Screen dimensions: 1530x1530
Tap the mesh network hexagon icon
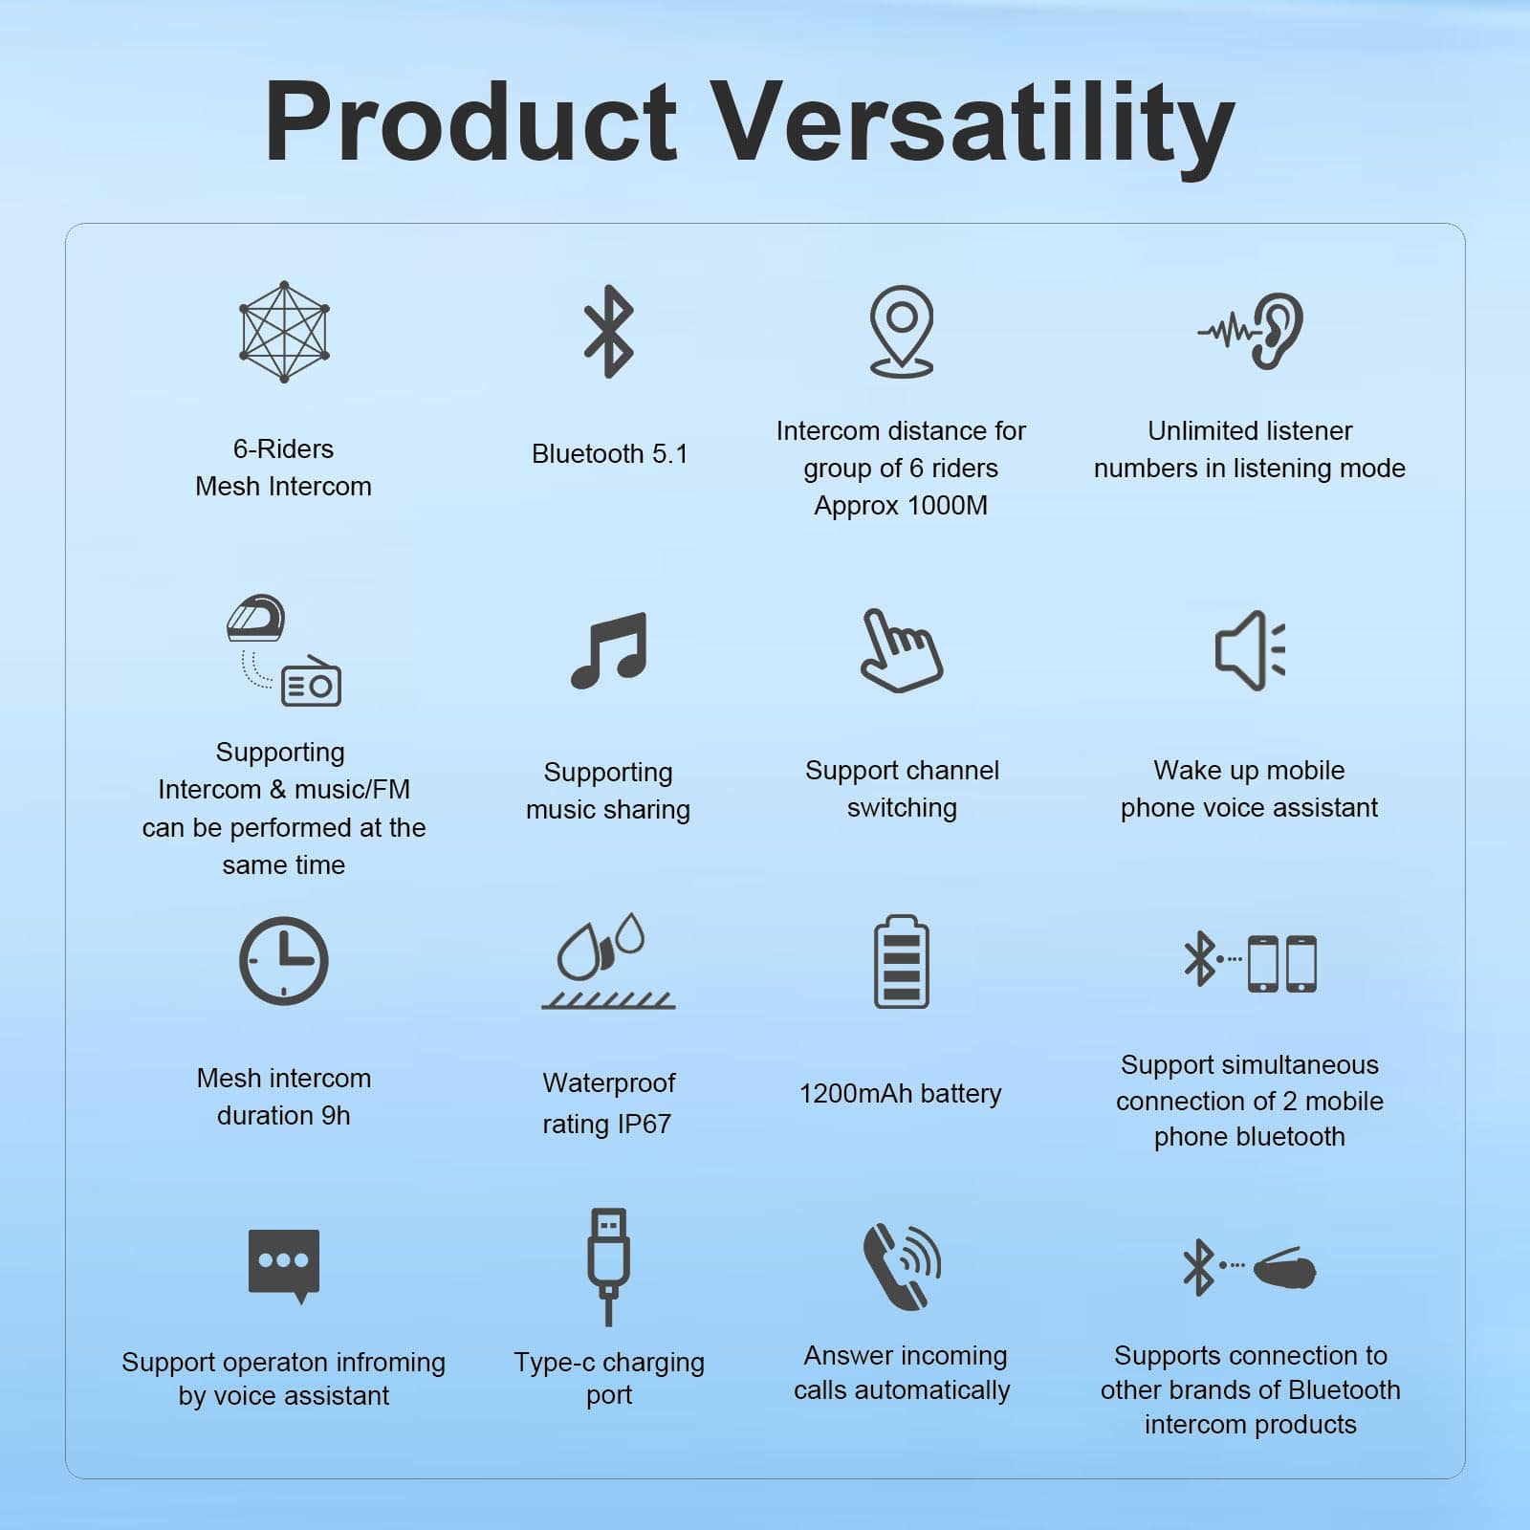284,332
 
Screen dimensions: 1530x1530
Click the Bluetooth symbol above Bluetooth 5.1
609,332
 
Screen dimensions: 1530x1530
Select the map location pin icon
901,332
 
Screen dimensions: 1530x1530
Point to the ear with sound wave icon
1251,331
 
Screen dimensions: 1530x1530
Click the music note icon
609,650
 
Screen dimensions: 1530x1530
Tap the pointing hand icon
901,650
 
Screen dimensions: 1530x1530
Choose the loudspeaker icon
1250,650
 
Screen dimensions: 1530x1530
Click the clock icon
283,961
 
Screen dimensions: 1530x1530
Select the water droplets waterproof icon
608,961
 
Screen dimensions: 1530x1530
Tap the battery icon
901,961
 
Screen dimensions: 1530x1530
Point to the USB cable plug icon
609,1267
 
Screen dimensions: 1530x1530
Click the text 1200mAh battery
901,1093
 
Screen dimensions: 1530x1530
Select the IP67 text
644,1124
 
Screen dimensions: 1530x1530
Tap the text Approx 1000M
901,505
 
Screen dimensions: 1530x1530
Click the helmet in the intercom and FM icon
256,619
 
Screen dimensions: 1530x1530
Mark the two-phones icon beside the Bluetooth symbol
1282,963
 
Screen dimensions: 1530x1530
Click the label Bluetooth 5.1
610,453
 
